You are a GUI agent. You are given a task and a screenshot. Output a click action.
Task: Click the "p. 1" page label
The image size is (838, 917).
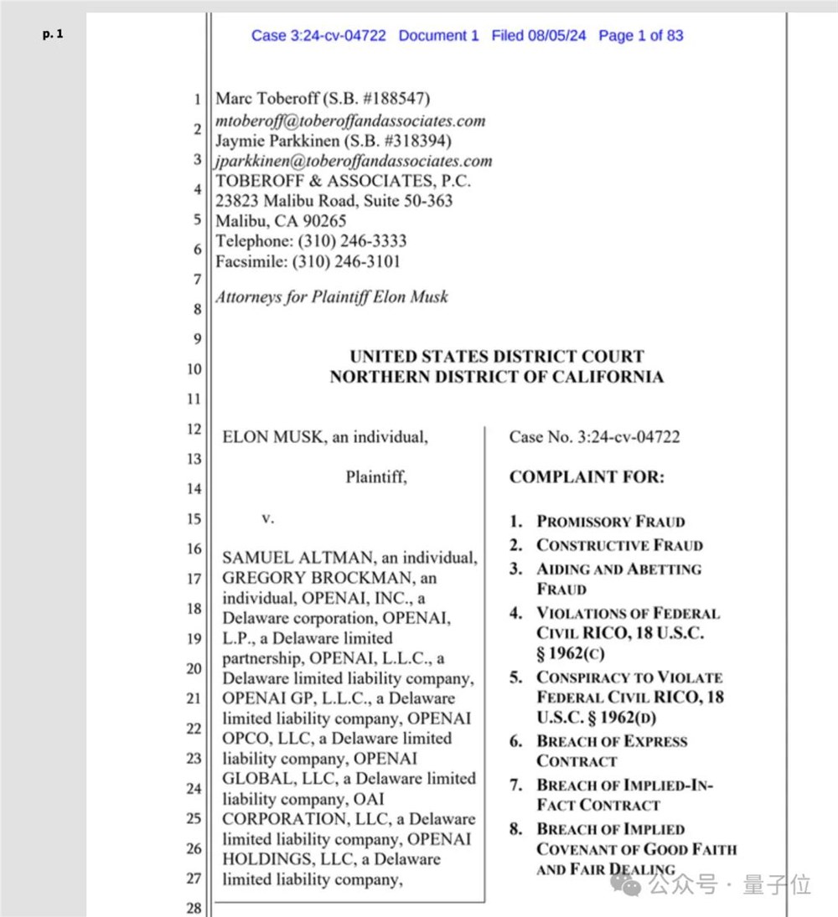(52, 35)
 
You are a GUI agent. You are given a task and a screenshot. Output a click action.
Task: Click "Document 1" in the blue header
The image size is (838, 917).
(438, 35)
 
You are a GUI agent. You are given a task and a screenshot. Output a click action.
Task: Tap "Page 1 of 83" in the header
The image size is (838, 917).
(641, 35)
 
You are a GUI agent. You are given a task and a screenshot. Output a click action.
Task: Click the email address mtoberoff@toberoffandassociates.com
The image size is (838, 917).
(350, 121)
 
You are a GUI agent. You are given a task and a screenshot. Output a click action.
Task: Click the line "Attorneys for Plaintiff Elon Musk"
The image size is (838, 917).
(332, 296)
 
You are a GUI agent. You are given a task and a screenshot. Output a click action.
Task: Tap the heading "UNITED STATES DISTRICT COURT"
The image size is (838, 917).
(497, 357)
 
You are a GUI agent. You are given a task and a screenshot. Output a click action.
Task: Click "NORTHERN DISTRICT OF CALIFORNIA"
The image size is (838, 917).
(497, 377)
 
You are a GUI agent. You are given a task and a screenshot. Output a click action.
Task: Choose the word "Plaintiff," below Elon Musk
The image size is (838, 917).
(376, 477)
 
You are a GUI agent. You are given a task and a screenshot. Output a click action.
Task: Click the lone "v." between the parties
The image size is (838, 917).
(268, 518)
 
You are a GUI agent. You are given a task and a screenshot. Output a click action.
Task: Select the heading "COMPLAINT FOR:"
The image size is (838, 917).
(587, 477)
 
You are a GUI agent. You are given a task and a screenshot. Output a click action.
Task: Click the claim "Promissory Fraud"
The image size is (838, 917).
(611, 522)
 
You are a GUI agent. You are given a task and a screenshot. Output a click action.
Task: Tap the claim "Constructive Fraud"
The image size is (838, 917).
(619, 545)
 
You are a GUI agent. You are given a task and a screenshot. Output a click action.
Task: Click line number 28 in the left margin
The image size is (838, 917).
(194, 909)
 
